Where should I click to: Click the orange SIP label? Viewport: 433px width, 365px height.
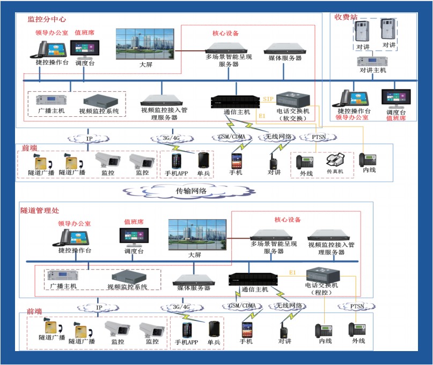point(269,100)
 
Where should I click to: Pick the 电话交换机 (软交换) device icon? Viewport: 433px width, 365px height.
point(293,99)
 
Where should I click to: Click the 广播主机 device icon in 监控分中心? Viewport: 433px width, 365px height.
point(51,100)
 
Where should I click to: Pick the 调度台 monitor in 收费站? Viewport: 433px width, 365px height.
point(396,98)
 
